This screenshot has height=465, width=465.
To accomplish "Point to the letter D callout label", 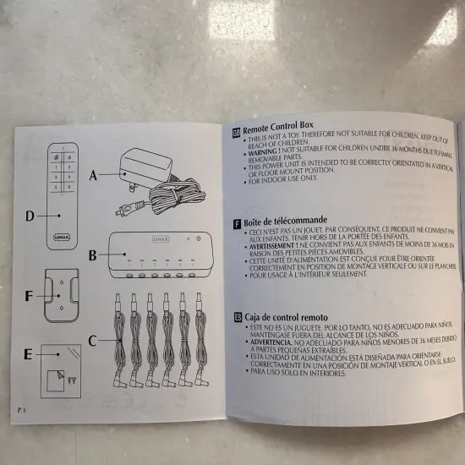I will pyautogui.click(x=30, y=216).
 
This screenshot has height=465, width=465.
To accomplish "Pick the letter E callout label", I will pyautogui.click(x=28, y=355).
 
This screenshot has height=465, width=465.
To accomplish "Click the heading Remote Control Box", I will pyautogui.click(x=280, y=132).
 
